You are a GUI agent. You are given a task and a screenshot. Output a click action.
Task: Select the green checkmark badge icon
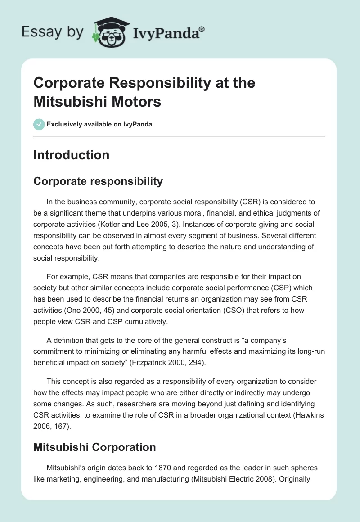point(39,124)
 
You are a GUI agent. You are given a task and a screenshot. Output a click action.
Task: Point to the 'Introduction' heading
point(71,155)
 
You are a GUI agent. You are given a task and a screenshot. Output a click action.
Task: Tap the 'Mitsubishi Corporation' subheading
point(94,447)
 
